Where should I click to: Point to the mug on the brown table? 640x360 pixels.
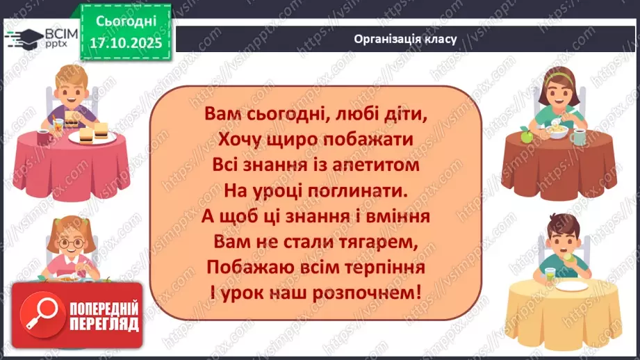click(577, 136)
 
